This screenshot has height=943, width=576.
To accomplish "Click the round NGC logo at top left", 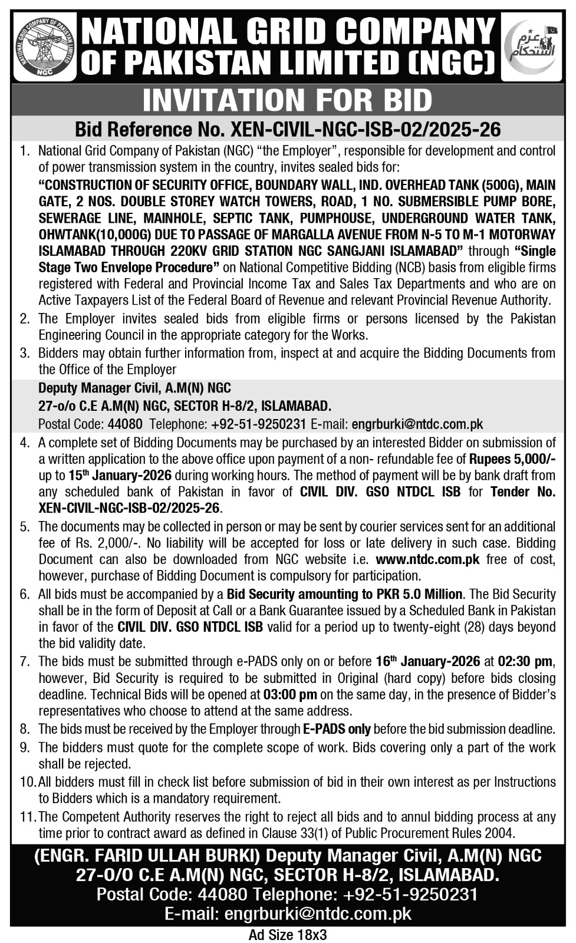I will [x=45, y=46].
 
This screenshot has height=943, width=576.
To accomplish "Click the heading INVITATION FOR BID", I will [x=287, y=100].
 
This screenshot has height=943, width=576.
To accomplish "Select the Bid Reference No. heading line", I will [x=287, y=129].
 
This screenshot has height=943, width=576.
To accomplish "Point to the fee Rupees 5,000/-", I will [x=512, y=459].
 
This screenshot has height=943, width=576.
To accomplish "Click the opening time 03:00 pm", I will [x=291, y=694].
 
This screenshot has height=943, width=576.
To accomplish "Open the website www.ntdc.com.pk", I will [x=427, y=559].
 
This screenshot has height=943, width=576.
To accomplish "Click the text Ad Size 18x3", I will [x=287, y=935].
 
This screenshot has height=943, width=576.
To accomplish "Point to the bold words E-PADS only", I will [x=337, y=729].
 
